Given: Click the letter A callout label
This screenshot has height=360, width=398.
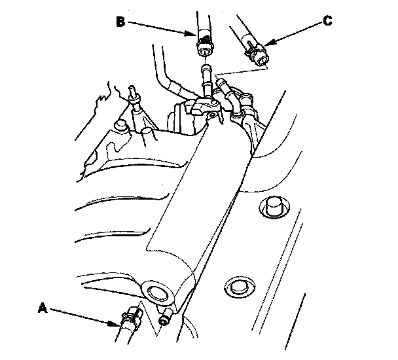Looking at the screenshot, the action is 43,308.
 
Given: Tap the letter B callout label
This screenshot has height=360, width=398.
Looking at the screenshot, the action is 121,22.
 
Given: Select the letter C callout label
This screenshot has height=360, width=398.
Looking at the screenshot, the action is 328,20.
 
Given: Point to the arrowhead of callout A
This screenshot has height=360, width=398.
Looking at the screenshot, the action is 114,324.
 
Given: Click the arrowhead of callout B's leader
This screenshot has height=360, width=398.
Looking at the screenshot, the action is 191,33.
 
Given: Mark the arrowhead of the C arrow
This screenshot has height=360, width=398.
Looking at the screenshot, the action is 269,43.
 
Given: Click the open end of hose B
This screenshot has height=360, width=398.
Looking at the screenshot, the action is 205,52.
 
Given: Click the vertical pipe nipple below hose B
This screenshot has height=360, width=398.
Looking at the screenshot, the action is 206,79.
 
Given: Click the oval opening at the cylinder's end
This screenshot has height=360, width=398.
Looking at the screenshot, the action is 157,293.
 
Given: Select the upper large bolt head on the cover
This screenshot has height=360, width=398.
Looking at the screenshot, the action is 274,206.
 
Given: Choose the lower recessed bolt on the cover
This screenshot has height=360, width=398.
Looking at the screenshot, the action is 239,287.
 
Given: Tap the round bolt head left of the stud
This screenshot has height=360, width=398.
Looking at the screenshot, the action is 120,126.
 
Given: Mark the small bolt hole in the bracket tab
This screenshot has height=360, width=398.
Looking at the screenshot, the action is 212,116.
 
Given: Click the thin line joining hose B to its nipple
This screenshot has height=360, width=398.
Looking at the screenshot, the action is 205,60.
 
